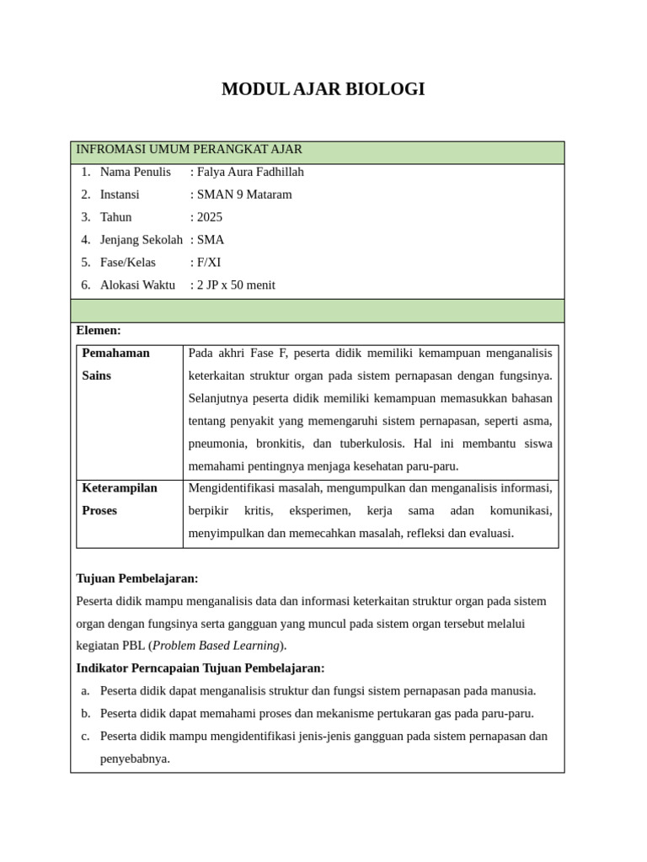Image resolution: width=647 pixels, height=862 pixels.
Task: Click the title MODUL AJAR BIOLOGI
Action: [x=323, y=89]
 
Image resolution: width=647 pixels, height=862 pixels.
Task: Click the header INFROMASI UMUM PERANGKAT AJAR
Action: [x=189, y=150]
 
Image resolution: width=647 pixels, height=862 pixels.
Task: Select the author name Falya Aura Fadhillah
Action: [x=250, y=173]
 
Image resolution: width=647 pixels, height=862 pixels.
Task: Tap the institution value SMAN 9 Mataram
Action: [x=244, y=195]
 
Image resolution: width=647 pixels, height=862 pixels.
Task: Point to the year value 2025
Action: [x=210, y=217]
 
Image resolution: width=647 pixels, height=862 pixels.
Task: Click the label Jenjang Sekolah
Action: [x=141, y=240]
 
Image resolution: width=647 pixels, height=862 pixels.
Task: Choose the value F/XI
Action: [x=209, y=263]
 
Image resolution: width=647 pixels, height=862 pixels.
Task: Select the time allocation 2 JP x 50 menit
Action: [x=236, y=285]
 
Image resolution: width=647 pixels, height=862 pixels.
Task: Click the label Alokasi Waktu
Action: [x=137, y=285]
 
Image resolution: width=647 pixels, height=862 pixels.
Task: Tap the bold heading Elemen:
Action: [x=99, y=331]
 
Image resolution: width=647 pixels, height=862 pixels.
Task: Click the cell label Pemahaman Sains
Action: [x=115, y=364]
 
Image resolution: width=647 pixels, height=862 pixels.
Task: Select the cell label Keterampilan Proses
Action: [x=119, y=498]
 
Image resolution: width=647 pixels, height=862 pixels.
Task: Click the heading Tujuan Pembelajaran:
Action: [x=137, y=579]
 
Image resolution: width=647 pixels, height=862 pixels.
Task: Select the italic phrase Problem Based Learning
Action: [x=216, y=646]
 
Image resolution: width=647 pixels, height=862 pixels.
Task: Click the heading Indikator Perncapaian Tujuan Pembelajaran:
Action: [x=200, y=668]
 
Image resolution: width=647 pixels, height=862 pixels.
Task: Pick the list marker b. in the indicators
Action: [x=85, y=714]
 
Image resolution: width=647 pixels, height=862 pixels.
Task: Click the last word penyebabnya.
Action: [x=135, y=758]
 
